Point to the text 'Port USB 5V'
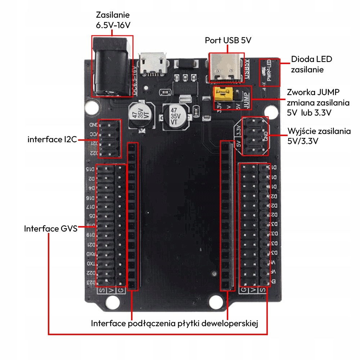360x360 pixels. (228, 40)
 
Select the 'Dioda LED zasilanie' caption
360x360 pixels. (312, 64)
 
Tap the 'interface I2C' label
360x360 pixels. (52, 139)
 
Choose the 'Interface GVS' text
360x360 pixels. (51, 229)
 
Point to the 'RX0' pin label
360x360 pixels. (90, 254)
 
